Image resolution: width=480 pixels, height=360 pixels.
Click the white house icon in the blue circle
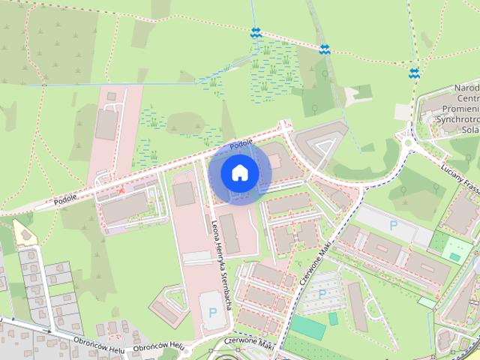239,172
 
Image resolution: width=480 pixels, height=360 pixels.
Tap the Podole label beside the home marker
241,143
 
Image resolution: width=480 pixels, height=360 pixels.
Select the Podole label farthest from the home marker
65,202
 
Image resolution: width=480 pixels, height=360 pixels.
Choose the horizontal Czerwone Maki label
244,342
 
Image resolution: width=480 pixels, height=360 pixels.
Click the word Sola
469,129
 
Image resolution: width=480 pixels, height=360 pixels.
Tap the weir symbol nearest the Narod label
414,73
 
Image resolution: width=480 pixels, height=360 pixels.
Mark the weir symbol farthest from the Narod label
256,32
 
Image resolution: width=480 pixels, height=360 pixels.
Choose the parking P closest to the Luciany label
393,224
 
